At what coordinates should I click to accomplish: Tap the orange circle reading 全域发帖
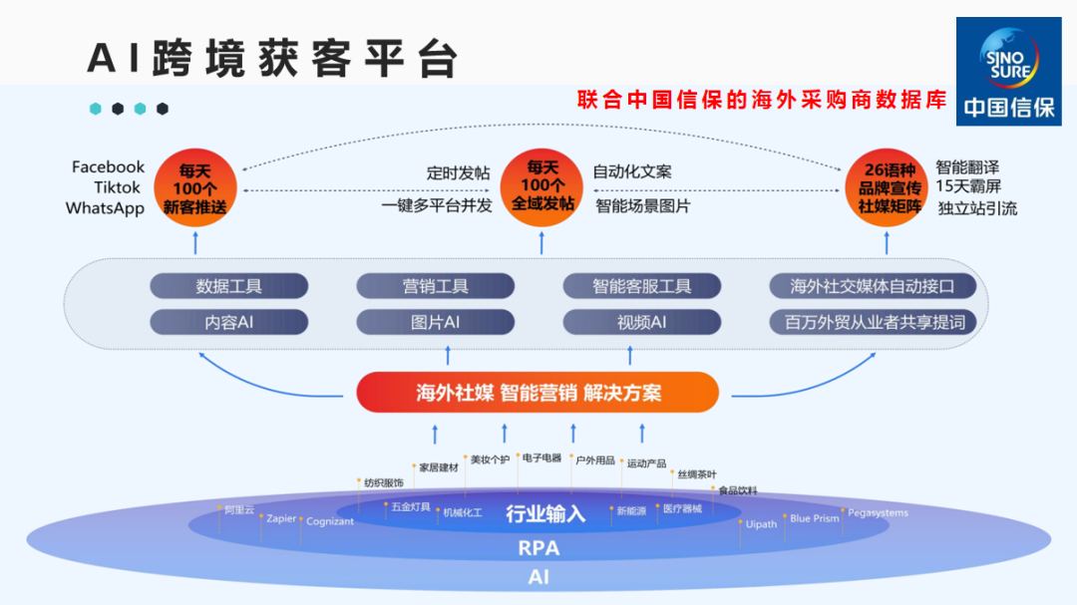[x=541, y=184]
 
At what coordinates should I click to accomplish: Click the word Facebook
[x=108, y=167]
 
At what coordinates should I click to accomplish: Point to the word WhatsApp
[x=105, y=208]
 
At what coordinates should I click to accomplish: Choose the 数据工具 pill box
[x=228, y=287]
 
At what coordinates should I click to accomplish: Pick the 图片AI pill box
[x=436, y=322]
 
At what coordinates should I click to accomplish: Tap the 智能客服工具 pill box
[x=641, y=287]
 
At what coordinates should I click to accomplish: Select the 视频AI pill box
[x=641, y=322]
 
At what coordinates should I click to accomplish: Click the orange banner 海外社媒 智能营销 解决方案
[x=538, y=392]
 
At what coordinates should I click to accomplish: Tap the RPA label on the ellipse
[x=538, y=548]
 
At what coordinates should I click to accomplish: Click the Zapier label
[x=281, y=519]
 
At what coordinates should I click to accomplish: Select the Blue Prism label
[x=814, y=518]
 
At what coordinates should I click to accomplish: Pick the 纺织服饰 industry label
[x=383, y=483]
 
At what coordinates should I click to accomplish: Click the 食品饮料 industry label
[x=738, y=490]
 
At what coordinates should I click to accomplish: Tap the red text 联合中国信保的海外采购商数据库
[x=762, y=101]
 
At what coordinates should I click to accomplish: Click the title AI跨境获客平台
[x=272, y=59]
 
